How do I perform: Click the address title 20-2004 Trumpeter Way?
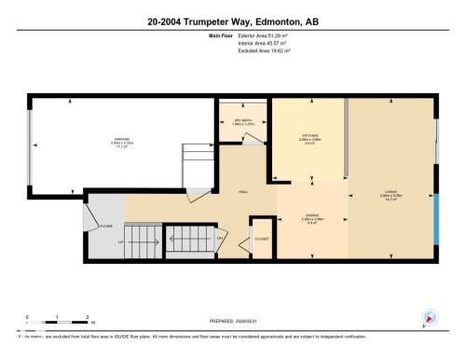tap(232, 21)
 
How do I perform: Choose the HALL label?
tap(240, 192)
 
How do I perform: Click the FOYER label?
tap(106, 224)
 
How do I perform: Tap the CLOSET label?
tap(263, 239)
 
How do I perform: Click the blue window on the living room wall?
tap(435, 220)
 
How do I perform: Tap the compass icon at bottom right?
tap(430, 317)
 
